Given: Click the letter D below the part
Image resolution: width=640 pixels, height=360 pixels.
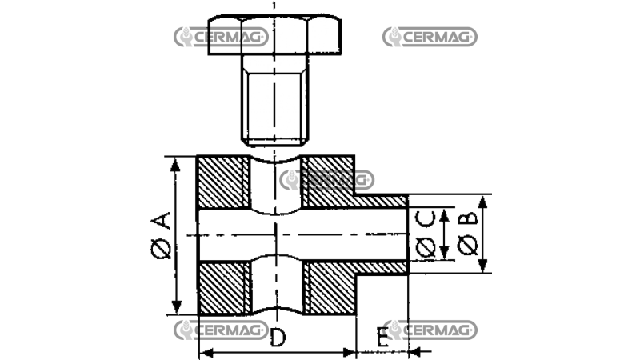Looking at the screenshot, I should click(x=277, y=338).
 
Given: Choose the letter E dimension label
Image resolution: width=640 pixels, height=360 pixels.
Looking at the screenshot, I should click(x=383, y=338).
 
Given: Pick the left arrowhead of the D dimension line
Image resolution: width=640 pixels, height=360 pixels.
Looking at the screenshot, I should click(x=202, y=351).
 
